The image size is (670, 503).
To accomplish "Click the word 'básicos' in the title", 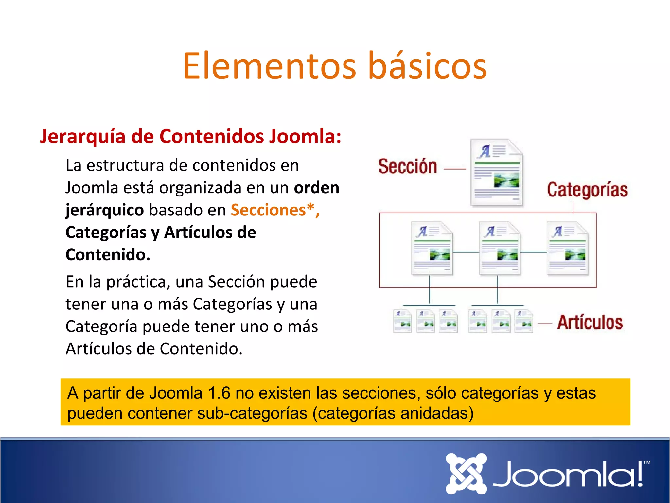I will click(x=428, y=66).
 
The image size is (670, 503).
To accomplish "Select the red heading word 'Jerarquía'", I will click(x=82, y=137).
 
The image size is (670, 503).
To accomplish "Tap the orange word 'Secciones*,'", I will click(x=275, y=210).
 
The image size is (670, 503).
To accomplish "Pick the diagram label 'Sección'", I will click(x=408, y=166).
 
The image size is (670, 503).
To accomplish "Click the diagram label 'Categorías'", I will click(x=587, y=190).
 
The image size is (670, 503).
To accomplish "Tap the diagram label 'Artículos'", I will click(x=590, y=322).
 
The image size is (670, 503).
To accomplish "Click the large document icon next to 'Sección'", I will click(x=497, y=173).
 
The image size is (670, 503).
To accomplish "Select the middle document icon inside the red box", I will click(x=500, y=248).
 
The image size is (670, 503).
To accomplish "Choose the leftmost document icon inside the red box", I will click(x=432, y=248).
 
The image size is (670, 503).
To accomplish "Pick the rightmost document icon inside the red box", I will click(x=567, y=248).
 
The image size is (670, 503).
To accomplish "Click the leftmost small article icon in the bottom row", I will click(x=402, y=321).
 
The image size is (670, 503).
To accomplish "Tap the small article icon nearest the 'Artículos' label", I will click(x=523, y=321).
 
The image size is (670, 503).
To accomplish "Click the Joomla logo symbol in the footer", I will click(x=466, y=474).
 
